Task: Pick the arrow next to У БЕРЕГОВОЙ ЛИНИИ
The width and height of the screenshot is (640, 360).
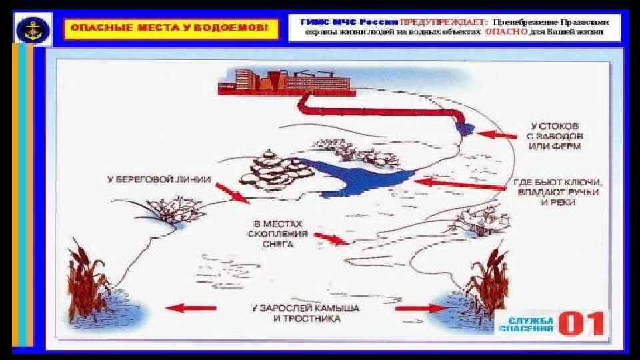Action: (231, 193)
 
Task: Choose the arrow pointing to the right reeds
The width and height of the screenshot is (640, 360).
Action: (423, 308)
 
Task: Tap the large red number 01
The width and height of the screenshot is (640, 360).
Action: (582, 323)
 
